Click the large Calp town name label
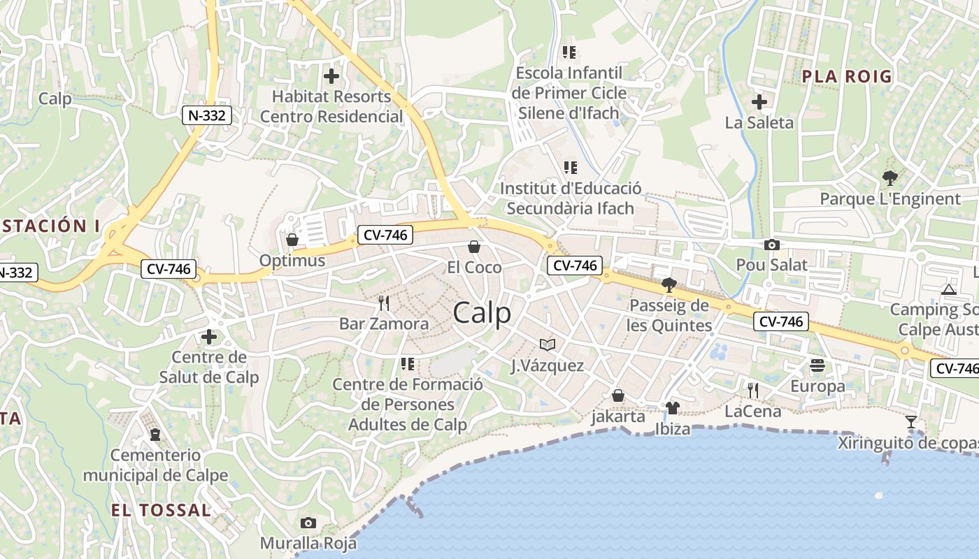[x=482, y=313]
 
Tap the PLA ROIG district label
[x=847, y=76]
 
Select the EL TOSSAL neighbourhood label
[x=161, y=510]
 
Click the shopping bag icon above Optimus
[x=292, y=240]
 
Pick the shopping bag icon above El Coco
[x=474, y=247]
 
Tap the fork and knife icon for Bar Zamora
[x=383, y=303]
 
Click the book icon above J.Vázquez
[x=547, y=344]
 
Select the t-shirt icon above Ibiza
[x=672, y=407]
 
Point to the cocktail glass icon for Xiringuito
[x=910, y=421]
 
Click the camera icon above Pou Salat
[x=771, y=245]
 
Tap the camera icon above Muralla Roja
[x=308, y=523]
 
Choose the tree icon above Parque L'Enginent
[x=889, y=177]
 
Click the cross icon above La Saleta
[x=759, y=102]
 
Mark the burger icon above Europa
[x=817, y=365]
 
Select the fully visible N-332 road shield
[x=207, y=115]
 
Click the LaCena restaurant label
[x=752, y=412]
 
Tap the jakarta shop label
[x=618, y=416]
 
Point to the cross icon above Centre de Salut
[x=208, y=337]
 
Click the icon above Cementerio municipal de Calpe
[x=155, y=435]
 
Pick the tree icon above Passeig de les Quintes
[x=669, y=284]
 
